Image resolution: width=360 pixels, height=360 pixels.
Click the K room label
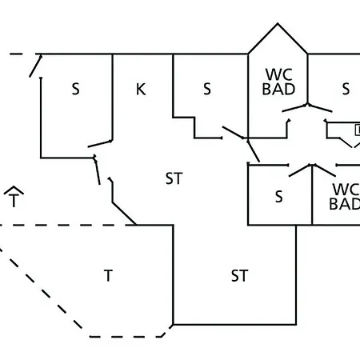[x=141, y=89]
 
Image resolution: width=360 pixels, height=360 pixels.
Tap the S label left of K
[x=76, y=89]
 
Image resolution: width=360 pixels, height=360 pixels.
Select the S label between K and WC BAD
[x=207, y=89]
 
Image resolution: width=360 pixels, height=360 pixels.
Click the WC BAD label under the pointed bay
[x=278, y=82]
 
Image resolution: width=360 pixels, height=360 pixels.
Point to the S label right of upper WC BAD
[x=346, y=89]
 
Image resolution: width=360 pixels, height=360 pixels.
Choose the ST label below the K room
[x=174, y=178]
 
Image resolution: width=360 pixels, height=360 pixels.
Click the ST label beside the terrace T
[x=239, y=276]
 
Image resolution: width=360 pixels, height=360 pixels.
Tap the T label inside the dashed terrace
[x=108, y=276]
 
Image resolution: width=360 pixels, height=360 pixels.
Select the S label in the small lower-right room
[x=278, y=197]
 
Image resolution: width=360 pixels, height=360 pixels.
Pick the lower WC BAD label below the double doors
[x=345, y=197]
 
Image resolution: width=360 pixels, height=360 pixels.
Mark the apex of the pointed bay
[x=278, y=23]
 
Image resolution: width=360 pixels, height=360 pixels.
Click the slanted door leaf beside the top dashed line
[x=35, y=66]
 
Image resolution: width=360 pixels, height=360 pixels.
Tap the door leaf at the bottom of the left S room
[x=100, y=143]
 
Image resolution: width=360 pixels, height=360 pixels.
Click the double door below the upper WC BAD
[x=307, y=108]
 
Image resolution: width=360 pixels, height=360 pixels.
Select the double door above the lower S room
[x=312, y=170]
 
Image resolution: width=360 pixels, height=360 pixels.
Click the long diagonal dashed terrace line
[x=41, y=289]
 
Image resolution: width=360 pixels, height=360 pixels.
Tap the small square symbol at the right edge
[x=358, y=130]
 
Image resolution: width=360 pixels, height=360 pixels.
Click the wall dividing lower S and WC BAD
[x=312, y=195]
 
